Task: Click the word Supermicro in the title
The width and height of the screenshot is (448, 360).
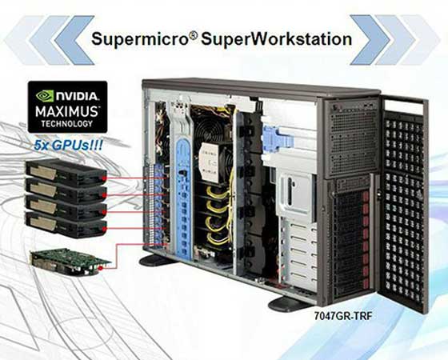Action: [139, 39]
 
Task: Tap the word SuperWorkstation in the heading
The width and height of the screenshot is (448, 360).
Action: [276, 39]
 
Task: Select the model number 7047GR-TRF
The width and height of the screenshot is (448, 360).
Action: [343, 316]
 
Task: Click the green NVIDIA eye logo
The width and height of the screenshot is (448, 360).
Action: [45, 96]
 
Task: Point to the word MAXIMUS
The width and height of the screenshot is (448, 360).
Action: [67, 111]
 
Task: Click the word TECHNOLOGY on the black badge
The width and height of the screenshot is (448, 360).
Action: [66, 124]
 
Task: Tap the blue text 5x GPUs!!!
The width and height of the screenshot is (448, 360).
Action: [68, 145]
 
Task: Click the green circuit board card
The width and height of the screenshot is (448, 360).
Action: [70, 262]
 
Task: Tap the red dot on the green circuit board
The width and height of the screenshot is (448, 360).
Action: [100, 269]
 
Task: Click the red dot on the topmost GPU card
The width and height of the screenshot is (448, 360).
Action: [104, 178]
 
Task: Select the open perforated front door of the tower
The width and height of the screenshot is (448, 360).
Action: [404, 204]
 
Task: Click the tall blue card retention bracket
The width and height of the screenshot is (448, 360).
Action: [183, 197]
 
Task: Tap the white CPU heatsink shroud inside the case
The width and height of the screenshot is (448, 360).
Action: [211, 160]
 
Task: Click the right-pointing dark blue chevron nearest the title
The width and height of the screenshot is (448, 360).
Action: [370, 40]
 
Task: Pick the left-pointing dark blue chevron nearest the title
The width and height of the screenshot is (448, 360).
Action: [74, 40]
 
